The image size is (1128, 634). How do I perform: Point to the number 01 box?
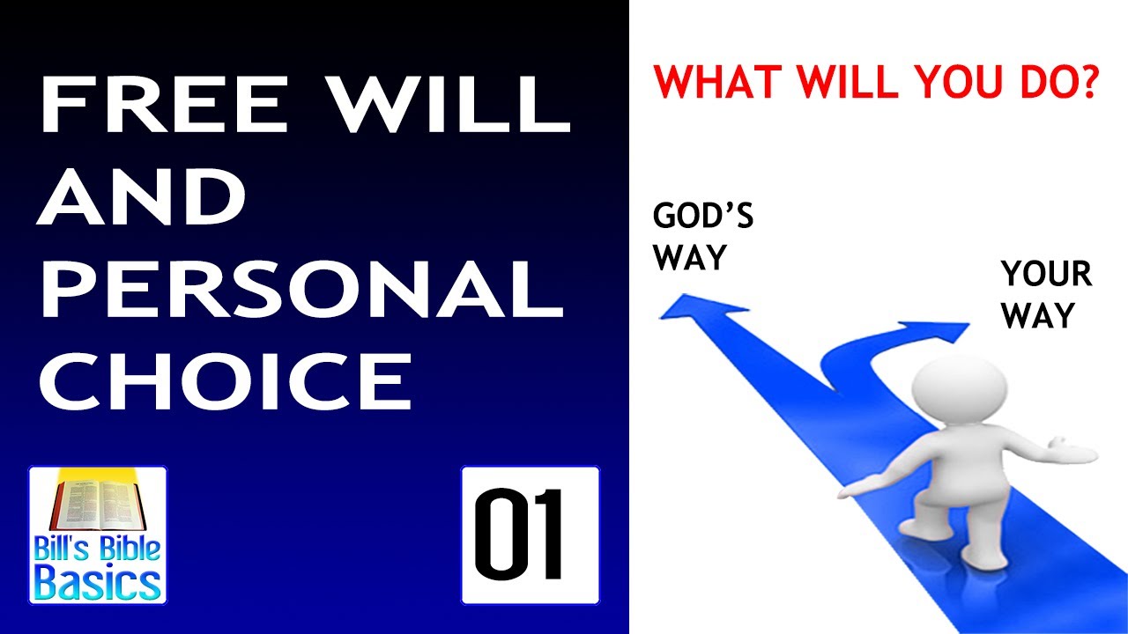[x=530, y=534]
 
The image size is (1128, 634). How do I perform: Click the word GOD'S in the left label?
[x=702, y=217]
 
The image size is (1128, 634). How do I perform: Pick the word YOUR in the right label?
[x=1046, y=275]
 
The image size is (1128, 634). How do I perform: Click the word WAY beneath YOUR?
[x=1039, y=315]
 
